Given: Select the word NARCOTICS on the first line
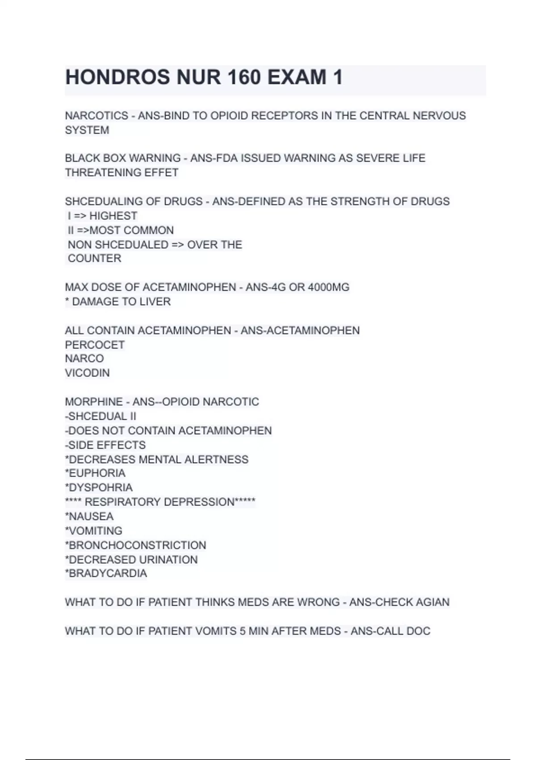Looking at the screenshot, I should [x=96, y=116].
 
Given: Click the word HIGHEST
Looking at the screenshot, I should [x=113, y=216].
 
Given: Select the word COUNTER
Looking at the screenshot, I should [x=94, y=258].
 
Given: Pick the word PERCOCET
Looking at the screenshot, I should [x=95, y=345].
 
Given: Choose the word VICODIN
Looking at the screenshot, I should [x=87, y=373].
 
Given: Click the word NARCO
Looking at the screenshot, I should [x=84, y=359].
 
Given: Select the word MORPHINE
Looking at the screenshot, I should [x=94, y=402].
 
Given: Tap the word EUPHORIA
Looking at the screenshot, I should [x=96, y=473].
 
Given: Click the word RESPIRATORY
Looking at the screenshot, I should [x=121, y=502].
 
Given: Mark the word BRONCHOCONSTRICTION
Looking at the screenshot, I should [x=137, y=545].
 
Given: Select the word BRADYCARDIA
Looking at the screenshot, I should [x=107, y=574].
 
